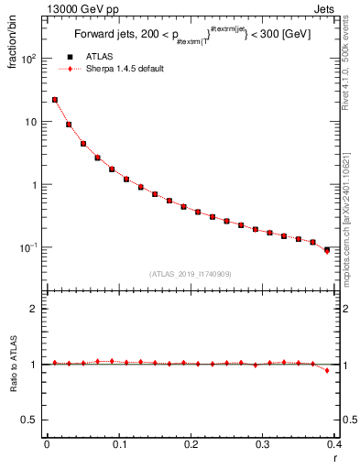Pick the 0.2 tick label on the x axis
[x=191, y=444]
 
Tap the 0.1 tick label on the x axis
[x=118, y=444]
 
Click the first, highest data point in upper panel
[x=55, y=100]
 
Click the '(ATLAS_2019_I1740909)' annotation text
[x=191, y=274]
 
